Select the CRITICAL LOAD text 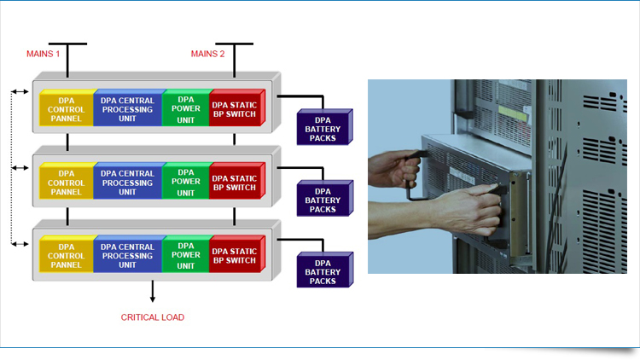point(152,317)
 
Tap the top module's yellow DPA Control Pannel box point(66,110)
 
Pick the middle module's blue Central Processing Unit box point(127,181)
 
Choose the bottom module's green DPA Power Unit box point(185,254)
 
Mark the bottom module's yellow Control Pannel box point(66,254)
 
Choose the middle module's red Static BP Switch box point(234,182)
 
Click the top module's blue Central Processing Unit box point(127,109)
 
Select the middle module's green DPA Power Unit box point(185,182)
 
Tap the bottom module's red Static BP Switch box point(234,254)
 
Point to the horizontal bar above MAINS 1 point(67,43)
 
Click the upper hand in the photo point(399,170)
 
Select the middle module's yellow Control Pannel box point(66,182)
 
